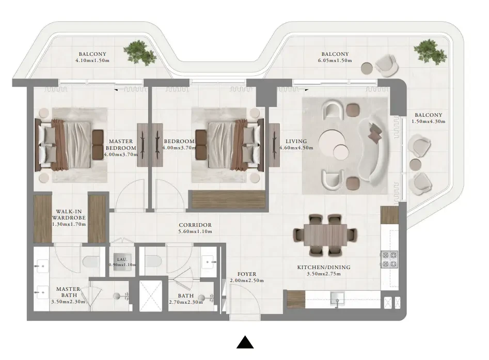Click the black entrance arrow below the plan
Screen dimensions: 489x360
point(245,342)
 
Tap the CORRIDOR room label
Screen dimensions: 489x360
point(195,225)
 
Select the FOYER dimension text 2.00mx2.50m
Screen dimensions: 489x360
point(247,280)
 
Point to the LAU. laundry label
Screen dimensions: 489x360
point(122,260)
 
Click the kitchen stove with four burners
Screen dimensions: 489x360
point(389,260)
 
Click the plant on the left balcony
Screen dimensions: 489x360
point(140,52)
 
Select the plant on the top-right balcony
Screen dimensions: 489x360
point(430,52)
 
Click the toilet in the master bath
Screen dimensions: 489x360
point(91,261)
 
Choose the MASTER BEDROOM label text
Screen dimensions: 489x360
point(121,145)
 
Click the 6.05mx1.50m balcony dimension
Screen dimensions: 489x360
point(335,60)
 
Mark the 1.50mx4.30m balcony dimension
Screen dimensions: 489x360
point(429,121)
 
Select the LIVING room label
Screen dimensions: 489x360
point(296,142)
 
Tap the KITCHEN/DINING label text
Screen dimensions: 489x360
point(324,268)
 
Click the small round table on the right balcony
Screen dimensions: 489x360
point(415,164)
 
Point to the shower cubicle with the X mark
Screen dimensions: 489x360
point(151,296)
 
